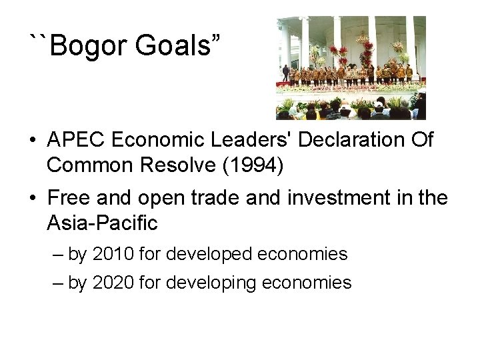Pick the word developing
(x=211, y=283)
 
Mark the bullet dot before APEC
(x=32, y=141)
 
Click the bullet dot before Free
(x=32, y=199)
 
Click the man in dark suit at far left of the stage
(x=286, y=72)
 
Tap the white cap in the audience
(x=378, y=104)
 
